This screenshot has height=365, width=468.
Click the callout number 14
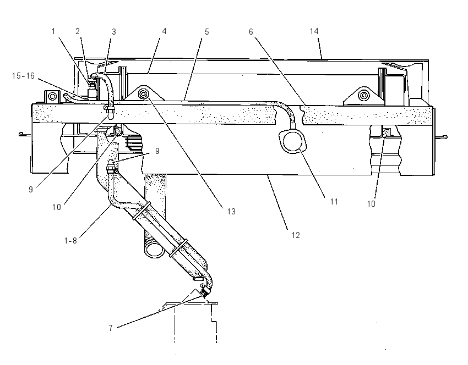[x=314, y=31]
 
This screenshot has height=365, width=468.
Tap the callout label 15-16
[x=23, y=76]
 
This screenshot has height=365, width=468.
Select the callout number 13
[x=231, y=212]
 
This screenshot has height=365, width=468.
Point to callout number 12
[x=296, y=235]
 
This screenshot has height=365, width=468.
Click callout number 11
[x=334, y=202]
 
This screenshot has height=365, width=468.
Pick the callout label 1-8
[x=70, y=240]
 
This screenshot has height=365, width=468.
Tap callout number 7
[x=111, y=328]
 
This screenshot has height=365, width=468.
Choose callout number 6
[x=251, y=31]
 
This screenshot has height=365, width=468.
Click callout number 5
[x=206, y=31]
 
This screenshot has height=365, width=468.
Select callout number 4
[x=164, y=31]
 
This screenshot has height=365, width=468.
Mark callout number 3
[x=114, y=31]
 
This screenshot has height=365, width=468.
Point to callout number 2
[x=78, y=31]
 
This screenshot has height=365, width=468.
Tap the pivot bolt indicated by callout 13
[x=144, y=94]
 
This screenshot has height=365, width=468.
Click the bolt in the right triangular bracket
[x=363, y=96]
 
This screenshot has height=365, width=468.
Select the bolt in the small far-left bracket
[x=52, y=96]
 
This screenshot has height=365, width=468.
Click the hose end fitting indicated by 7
[x=204, y=292]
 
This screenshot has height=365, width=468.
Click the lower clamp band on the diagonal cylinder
[x=179, y=248]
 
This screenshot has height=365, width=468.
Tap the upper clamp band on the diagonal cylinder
[x=142, y=211]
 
